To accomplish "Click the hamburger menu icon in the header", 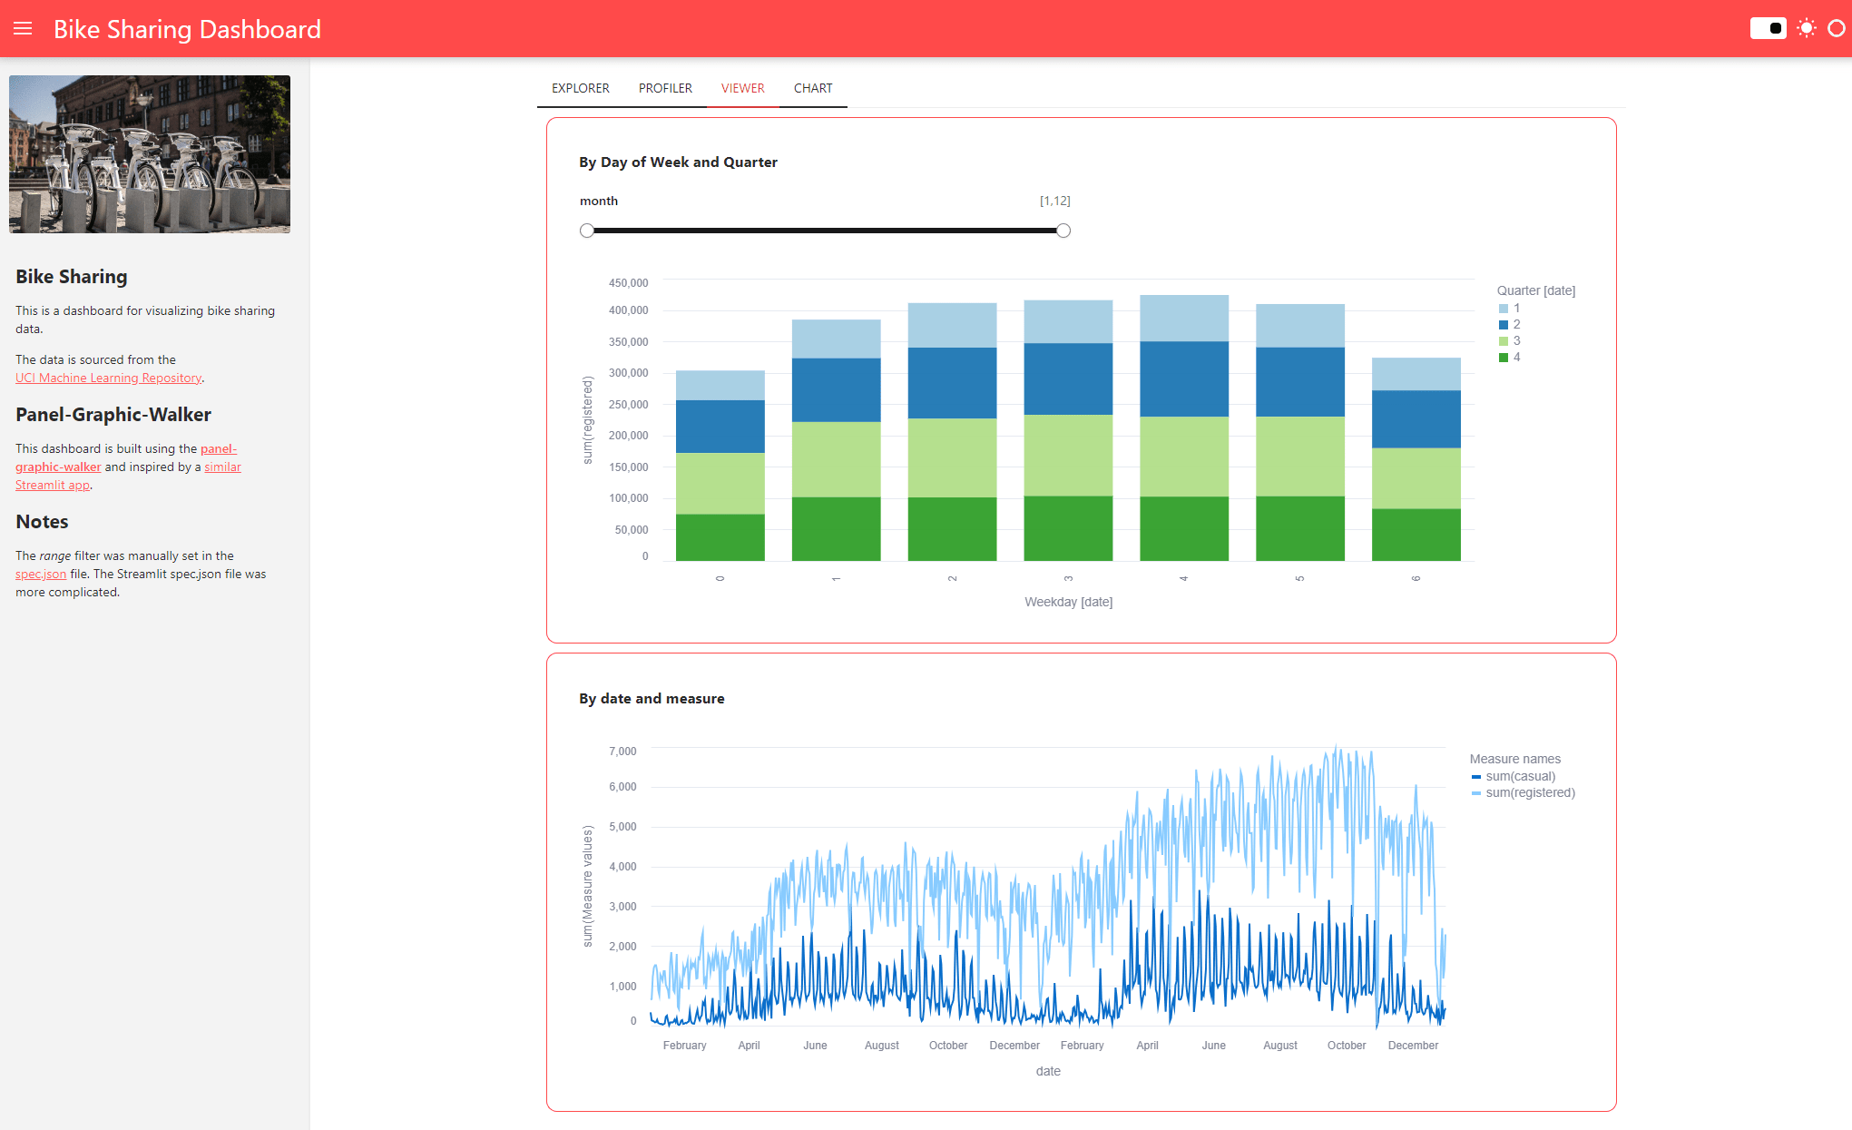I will [23, 29].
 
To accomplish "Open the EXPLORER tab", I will [580, 88].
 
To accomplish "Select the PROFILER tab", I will [665, 88].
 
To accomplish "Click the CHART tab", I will [812, 88].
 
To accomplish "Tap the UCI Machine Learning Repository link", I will [108, 378].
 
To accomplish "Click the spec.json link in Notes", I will [41, 574].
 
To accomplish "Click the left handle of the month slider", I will [587, 231].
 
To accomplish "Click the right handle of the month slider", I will [1063, 231].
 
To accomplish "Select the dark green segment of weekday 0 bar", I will [720, 536].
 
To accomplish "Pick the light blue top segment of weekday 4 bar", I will [1183, 318].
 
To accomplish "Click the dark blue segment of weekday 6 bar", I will [1416, 418].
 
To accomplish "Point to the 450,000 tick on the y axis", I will [628, 283].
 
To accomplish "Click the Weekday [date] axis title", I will [1068, 602].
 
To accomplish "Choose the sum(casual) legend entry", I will [1520, 776].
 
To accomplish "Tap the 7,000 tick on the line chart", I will [622, 752].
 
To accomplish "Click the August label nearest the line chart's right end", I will [1279, 1046].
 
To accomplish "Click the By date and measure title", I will [652, 698].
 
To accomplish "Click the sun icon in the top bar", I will [1807, 28].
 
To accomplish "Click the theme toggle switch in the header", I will [1768, 28].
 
